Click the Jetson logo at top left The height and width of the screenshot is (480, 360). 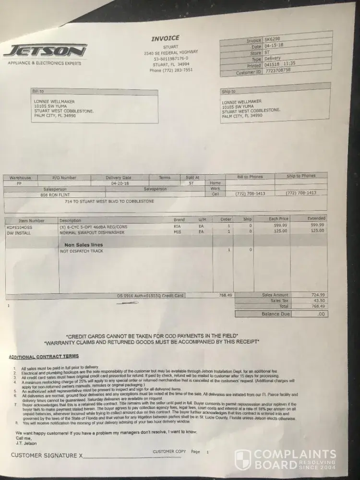pyautogui.click(x=46, y=51)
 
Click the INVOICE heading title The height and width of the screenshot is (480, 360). pyautogui.click(x=165, y=38)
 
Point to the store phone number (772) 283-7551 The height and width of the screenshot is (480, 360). pyautogui.click(x=171, y=70)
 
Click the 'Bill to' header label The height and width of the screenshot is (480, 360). pyautogui.click(x=38, y=91)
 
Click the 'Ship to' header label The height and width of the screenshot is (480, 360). pyautogui.click(x=228, y=91)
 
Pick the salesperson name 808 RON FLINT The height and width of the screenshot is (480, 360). pyautogui.click(x=54, y=195)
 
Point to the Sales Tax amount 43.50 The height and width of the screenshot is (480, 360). pyautogui.click(x=318, y=300)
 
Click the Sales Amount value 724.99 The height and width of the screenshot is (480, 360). pyautogui.click(x=317, y=294)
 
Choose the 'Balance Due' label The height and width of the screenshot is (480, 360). pyautogui.click(x=276, y=314)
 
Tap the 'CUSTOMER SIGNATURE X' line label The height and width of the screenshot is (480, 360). pyautogui.click(x=47, y=455)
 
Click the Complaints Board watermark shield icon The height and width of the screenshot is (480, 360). pyautogui.click(x=242, y=459)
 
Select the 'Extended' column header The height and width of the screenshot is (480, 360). pyautogui.click(x=316, y=218)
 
